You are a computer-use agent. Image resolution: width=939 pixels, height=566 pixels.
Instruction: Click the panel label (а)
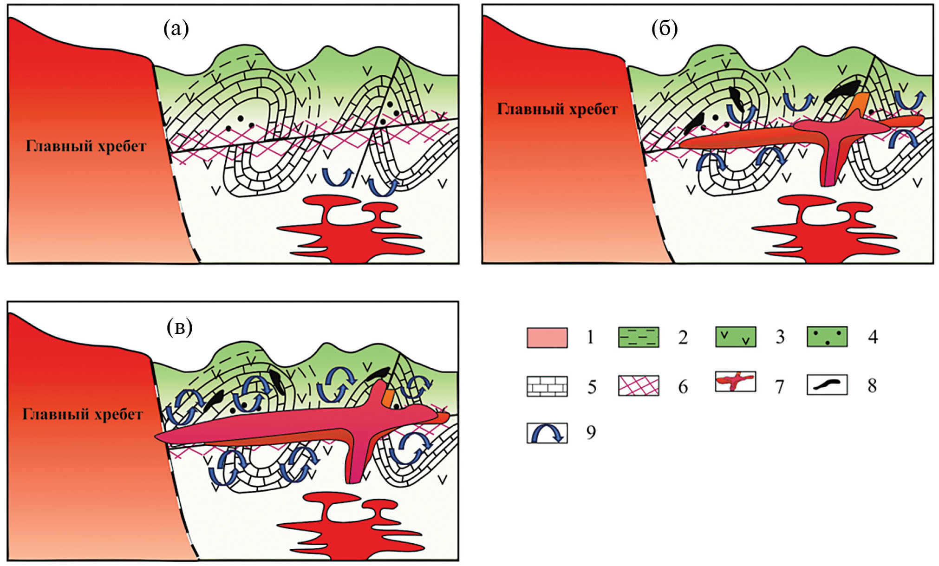tap(176, 29)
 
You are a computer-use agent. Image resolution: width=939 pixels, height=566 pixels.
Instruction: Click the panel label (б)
tap(664, 29)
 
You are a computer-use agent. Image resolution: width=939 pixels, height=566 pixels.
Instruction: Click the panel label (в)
tap(179, 327)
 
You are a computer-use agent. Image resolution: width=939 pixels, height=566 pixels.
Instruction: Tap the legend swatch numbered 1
tap(547, 338)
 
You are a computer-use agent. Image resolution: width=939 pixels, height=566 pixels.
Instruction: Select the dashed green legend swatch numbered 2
tap(638, 338)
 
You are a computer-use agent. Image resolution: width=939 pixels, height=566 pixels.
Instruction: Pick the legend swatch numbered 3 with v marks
tap(735, 337)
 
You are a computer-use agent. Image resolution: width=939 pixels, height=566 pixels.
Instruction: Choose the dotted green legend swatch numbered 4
tap(827, 337)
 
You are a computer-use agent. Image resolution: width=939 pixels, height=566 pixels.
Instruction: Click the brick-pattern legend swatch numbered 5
tap(547, 386)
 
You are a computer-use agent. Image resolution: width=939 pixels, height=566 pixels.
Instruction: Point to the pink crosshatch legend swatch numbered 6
tap(638, 386)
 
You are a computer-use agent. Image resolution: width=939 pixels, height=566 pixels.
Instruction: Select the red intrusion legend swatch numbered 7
tap(735, 382)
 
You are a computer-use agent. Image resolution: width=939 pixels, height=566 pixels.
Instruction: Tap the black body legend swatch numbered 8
tap(827, 384)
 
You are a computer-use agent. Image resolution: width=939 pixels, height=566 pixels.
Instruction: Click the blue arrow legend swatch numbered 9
tap(547, 433)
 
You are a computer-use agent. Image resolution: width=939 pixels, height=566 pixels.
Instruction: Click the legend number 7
tap(779, 386)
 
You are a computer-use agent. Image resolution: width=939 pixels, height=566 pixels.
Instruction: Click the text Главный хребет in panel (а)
tap(86, 146)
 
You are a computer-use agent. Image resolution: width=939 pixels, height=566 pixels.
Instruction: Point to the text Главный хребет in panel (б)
tap(557, 109)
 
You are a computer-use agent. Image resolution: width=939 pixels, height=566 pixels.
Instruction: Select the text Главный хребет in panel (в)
tap(83, 414)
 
